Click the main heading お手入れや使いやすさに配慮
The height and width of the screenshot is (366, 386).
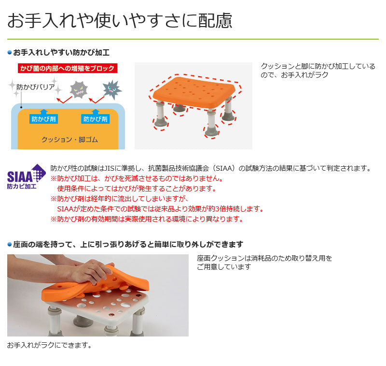coord(120,20)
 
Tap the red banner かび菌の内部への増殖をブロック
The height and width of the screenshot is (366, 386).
coord(68,68)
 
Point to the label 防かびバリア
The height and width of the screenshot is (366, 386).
coord(35,87)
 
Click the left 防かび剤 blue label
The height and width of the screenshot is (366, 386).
coord(43,119)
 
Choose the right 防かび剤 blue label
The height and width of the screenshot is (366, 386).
coord(95,119)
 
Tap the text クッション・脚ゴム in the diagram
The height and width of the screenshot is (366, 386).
coord(69,140)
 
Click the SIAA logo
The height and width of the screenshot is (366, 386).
coord(27,176)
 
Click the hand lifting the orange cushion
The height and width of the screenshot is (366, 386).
coord(92,271)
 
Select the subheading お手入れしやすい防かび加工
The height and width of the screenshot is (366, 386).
coord(61,53)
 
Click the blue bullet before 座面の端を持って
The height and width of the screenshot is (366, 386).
coord(10,245)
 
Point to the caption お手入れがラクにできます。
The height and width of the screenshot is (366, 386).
coord(50,345)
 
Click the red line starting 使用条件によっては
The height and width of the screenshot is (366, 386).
coord(137,189)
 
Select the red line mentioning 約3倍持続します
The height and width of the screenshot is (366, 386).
coord(160,209)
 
